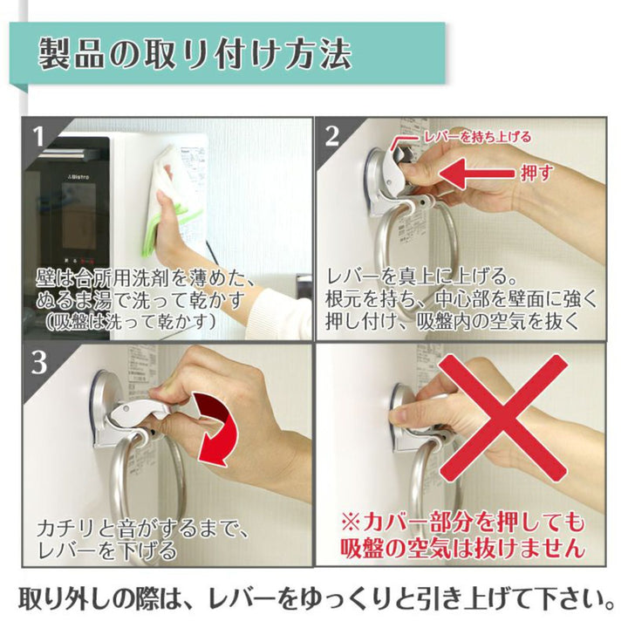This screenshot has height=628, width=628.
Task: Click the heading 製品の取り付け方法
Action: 195,53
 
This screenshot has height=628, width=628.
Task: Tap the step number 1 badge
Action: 39,137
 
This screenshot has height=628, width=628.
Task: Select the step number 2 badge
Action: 332,136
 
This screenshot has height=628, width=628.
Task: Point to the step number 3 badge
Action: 39,363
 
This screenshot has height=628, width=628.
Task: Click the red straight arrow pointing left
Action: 476,174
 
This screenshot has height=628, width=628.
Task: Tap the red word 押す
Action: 537,173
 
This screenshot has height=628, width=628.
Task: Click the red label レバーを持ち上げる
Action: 477,137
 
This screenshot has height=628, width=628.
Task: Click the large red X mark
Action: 502,418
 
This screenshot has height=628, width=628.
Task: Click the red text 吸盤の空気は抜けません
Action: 462,547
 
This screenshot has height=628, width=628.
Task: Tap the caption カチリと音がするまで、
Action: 143,529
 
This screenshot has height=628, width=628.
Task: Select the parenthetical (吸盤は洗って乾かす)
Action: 131,322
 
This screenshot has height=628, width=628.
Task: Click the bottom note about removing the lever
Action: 317,598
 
